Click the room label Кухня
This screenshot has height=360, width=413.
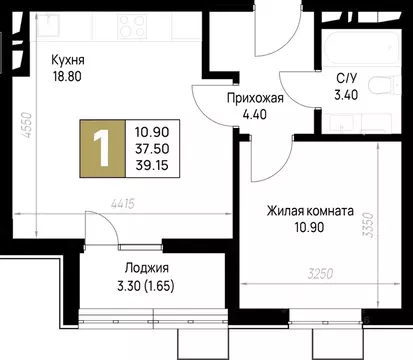pyautogui.click(x=70, y=60)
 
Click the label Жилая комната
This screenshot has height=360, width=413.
pyautogui.click(x=310, y=212)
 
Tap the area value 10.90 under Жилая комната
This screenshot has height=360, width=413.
pyautogui.click(x=310, y=228)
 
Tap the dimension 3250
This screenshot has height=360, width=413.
pyautogui.click(x=320, y=272)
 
